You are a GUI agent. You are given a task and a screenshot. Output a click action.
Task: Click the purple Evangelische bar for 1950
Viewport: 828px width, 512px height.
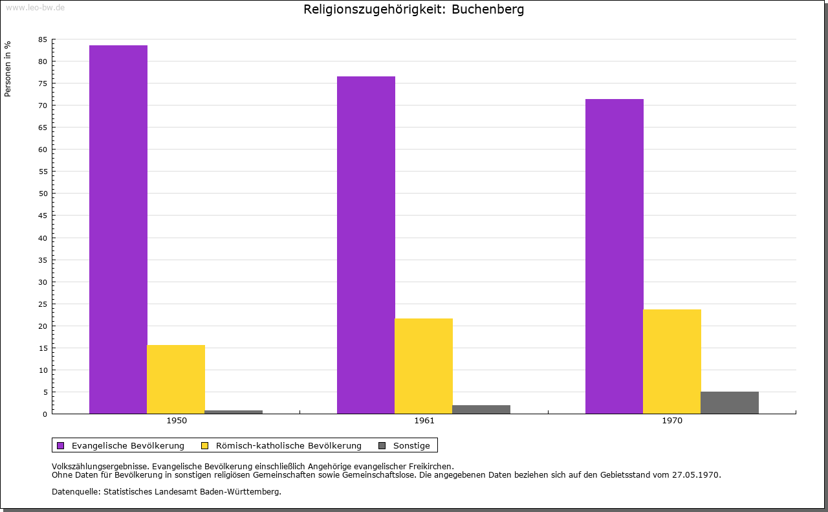click(118, 229)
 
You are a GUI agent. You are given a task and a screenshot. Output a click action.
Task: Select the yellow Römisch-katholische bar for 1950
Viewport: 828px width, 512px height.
click(176, 379)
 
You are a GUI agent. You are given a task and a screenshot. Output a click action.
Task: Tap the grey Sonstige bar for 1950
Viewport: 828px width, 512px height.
click(234, 412)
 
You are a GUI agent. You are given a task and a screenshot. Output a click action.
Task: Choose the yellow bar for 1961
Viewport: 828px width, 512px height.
click(424, 366)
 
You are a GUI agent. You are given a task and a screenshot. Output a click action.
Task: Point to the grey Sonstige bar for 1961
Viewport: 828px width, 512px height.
click(481, 409)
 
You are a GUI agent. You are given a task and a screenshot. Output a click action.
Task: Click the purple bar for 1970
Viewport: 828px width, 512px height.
click(615, 256)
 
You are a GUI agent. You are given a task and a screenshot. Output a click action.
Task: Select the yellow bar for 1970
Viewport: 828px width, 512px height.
click(672, 361)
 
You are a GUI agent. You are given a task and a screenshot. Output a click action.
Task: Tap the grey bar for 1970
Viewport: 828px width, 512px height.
click(730, 403)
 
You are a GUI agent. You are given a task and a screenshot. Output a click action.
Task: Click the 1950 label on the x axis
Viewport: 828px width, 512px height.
click(177, 421)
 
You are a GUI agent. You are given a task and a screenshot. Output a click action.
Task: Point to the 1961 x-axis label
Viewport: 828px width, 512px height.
click(424, 421)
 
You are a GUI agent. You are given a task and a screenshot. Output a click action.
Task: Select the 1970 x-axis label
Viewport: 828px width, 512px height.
click(672, 421)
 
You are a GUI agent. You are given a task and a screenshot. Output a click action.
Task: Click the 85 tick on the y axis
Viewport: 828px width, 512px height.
click(43, 39)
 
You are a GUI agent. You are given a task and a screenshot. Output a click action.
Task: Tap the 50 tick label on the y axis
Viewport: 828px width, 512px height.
click(43, 194)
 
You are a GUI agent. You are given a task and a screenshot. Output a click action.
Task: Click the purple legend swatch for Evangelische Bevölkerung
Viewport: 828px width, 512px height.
click(61, 445)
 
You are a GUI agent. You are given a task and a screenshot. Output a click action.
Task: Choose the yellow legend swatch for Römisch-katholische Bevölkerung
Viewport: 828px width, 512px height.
click(205, 445)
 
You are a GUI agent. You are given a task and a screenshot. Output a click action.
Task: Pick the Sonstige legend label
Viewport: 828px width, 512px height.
click(411, 445)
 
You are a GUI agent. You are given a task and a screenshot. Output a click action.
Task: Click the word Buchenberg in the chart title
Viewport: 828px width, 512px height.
click(488, 9)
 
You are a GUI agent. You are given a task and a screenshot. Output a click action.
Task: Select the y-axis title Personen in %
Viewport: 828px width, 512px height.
click(8, 69)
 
